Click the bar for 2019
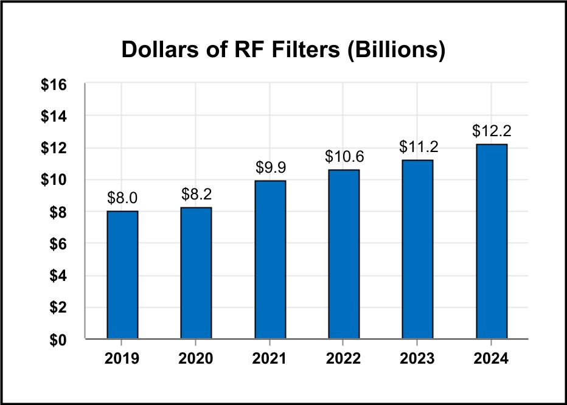pos(122,275)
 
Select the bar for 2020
pos(196,273)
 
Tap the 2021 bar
pos(270,260)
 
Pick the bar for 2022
pos(344,254)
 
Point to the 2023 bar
pos(417,249)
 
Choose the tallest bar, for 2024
pos(492,241)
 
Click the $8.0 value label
pos(122,198)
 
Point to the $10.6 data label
pos(344,157)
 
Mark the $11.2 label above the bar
pos(417,147)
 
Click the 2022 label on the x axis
pos(344,358)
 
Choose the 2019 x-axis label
pos(122,358)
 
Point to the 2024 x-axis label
pos(492,358)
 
